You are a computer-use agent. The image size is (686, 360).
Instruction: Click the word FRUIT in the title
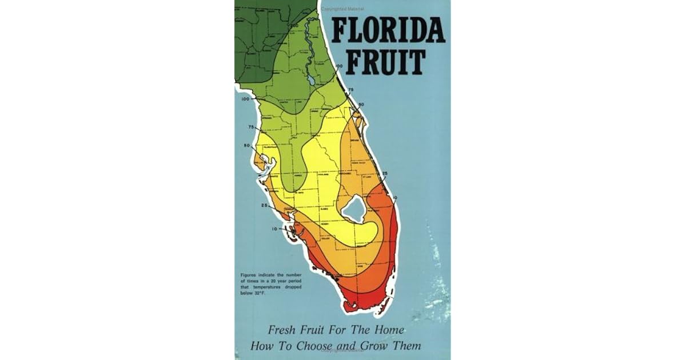(387, 63)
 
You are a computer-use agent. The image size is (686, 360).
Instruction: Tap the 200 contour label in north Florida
(294, 26)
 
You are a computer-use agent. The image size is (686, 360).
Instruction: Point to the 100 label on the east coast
(339, 67)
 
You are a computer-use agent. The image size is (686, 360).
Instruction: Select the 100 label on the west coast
(246, 99)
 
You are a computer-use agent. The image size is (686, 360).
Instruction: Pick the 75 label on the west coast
(250, 126)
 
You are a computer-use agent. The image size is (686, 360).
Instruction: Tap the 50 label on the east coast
(361, 104)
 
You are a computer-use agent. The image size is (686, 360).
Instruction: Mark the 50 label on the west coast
(247, 145)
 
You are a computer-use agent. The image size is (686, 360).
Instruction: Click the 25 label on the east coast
(385, 173)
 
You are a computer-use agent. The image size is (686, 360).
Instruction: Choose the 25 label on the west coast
(264, 205)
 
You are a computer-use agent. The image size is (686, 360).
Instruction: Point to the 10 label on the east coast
(395, 198)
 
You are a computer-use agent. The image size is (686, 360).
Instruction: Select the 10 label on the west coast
(274, 228)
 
